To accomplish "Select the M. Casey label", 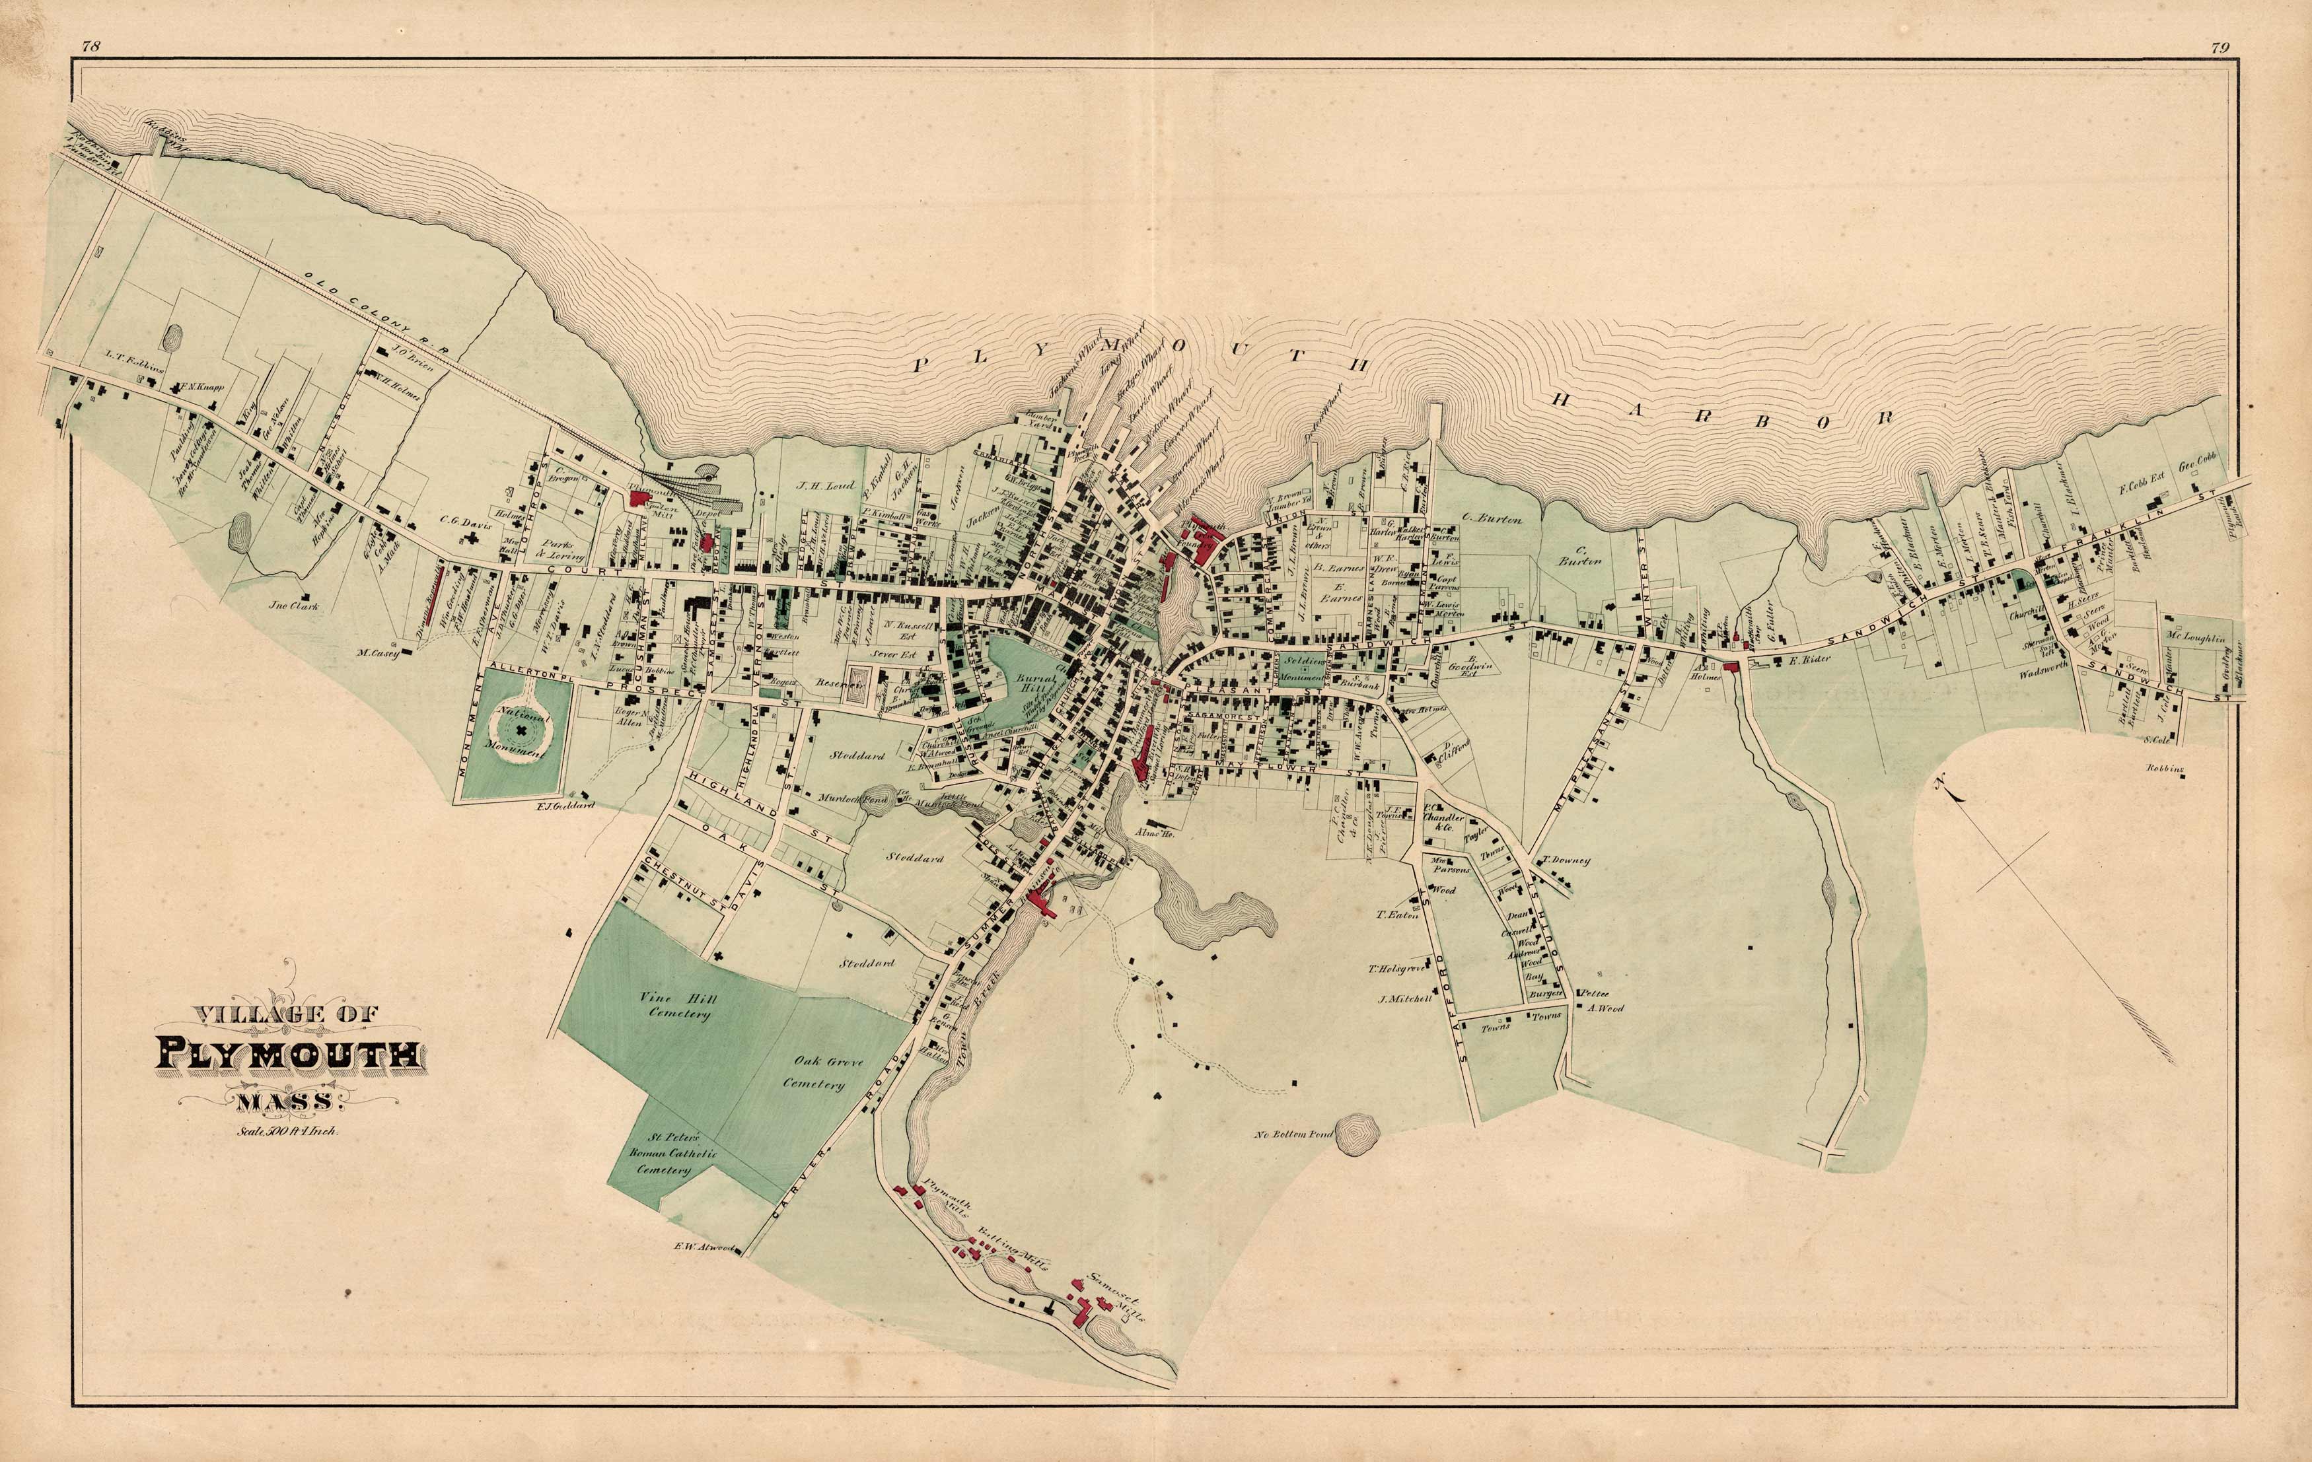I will [377, 654].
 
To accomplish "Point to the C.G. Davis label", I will [466, 524].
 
